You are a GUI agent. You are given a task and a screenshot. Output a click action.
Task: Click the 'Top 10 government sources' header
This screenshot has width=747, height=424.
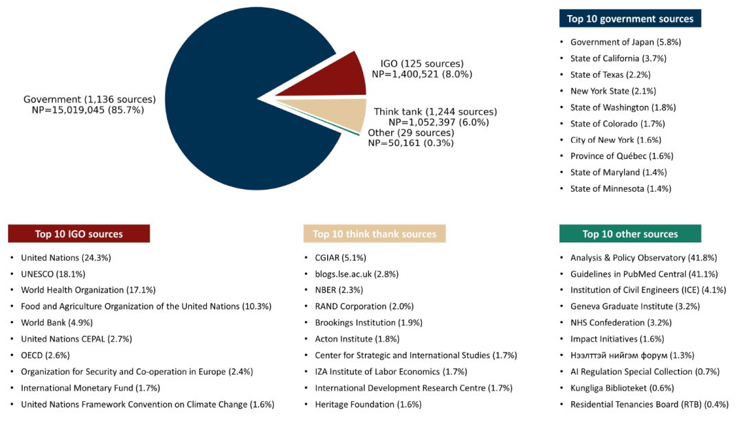pos(630,19)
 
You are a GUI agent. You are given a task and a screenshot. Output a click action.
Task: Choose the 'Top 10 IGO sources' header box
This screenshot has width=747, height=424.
pos(79,234)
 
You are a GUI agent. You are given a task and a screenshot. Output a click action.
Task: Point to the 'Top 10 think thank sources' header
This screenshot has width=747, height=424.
pos(375,234)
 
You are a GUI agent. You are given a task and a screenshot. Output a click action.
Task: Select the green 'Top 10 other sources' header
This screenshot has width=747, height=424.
pos(630,234)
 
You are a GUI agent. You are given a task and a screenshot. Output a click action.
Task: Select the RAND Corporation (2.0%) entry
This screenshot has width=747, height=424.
pos(364,306)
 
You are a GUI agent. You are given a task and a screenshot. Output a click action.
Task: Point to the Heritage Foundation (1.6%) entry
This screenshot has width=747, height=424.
pos(368,404)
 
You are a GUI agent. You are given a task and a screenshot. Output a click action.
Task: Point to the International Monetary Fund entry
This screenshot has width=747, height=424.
pos(90,388)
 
